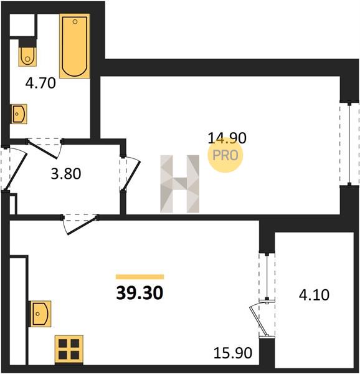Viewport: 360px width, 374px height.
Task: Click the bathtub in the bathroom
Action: pyautogui.click(x=75, y=46)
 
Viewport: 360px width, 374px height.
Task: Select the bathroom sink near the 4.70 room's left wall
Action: pyautogui.click(x=19, y=114)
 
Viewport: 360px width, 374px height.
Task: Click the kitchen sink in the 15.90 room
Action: pyautogui.click(x=40, y=314)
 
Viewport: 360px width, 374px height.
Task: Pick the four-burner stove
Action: pyautogui.click(x=69, y=350)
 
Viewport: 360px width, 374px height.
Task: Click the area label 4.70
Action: pyautogui.click(x=40, y=84)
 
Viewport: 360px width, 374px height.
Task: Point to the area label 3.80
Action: pyautogui.click(x=66, y=174)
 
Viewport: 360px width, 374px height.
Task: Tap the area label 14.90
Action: pyautogui.click(x=227, y=138)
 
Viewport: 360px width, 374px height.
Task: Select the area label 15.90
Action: pyautogui.click(x=233, y=353)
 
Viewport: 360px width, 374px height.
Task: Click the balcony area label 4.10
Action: pyautogui.click(x=315, y=295)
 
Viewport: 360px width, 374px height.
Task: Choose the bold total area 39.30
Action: pyautogui.click(x=140, y=293)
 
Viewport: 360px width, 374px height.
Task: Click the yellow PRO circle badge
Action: pyautogui.click(x=225, y=155)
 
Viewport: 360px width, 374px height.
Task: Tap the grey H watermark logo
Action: pyautogui.click(x=180, y=184)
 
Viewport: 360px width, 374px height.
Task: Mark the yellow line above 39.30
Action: pyautogui.click(x=140, y=277)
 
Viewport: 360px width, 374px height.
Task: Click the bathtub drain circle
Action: pyautogui.click(x=75, y=22)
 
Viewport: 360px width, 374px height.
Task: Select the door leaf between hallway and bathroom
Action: pyautogui.click(x=42, y=150)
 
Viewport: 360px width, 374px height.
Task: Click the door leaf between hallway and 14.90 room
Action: pyautogui.click(x=132, y=176)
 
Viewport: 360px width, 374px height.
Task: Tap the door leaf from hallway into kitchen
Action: pyautogui.click(x=83, y=226)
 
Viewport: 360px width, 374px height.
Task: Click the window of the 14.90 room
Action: pyautogui.click(x=349, y=144)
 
